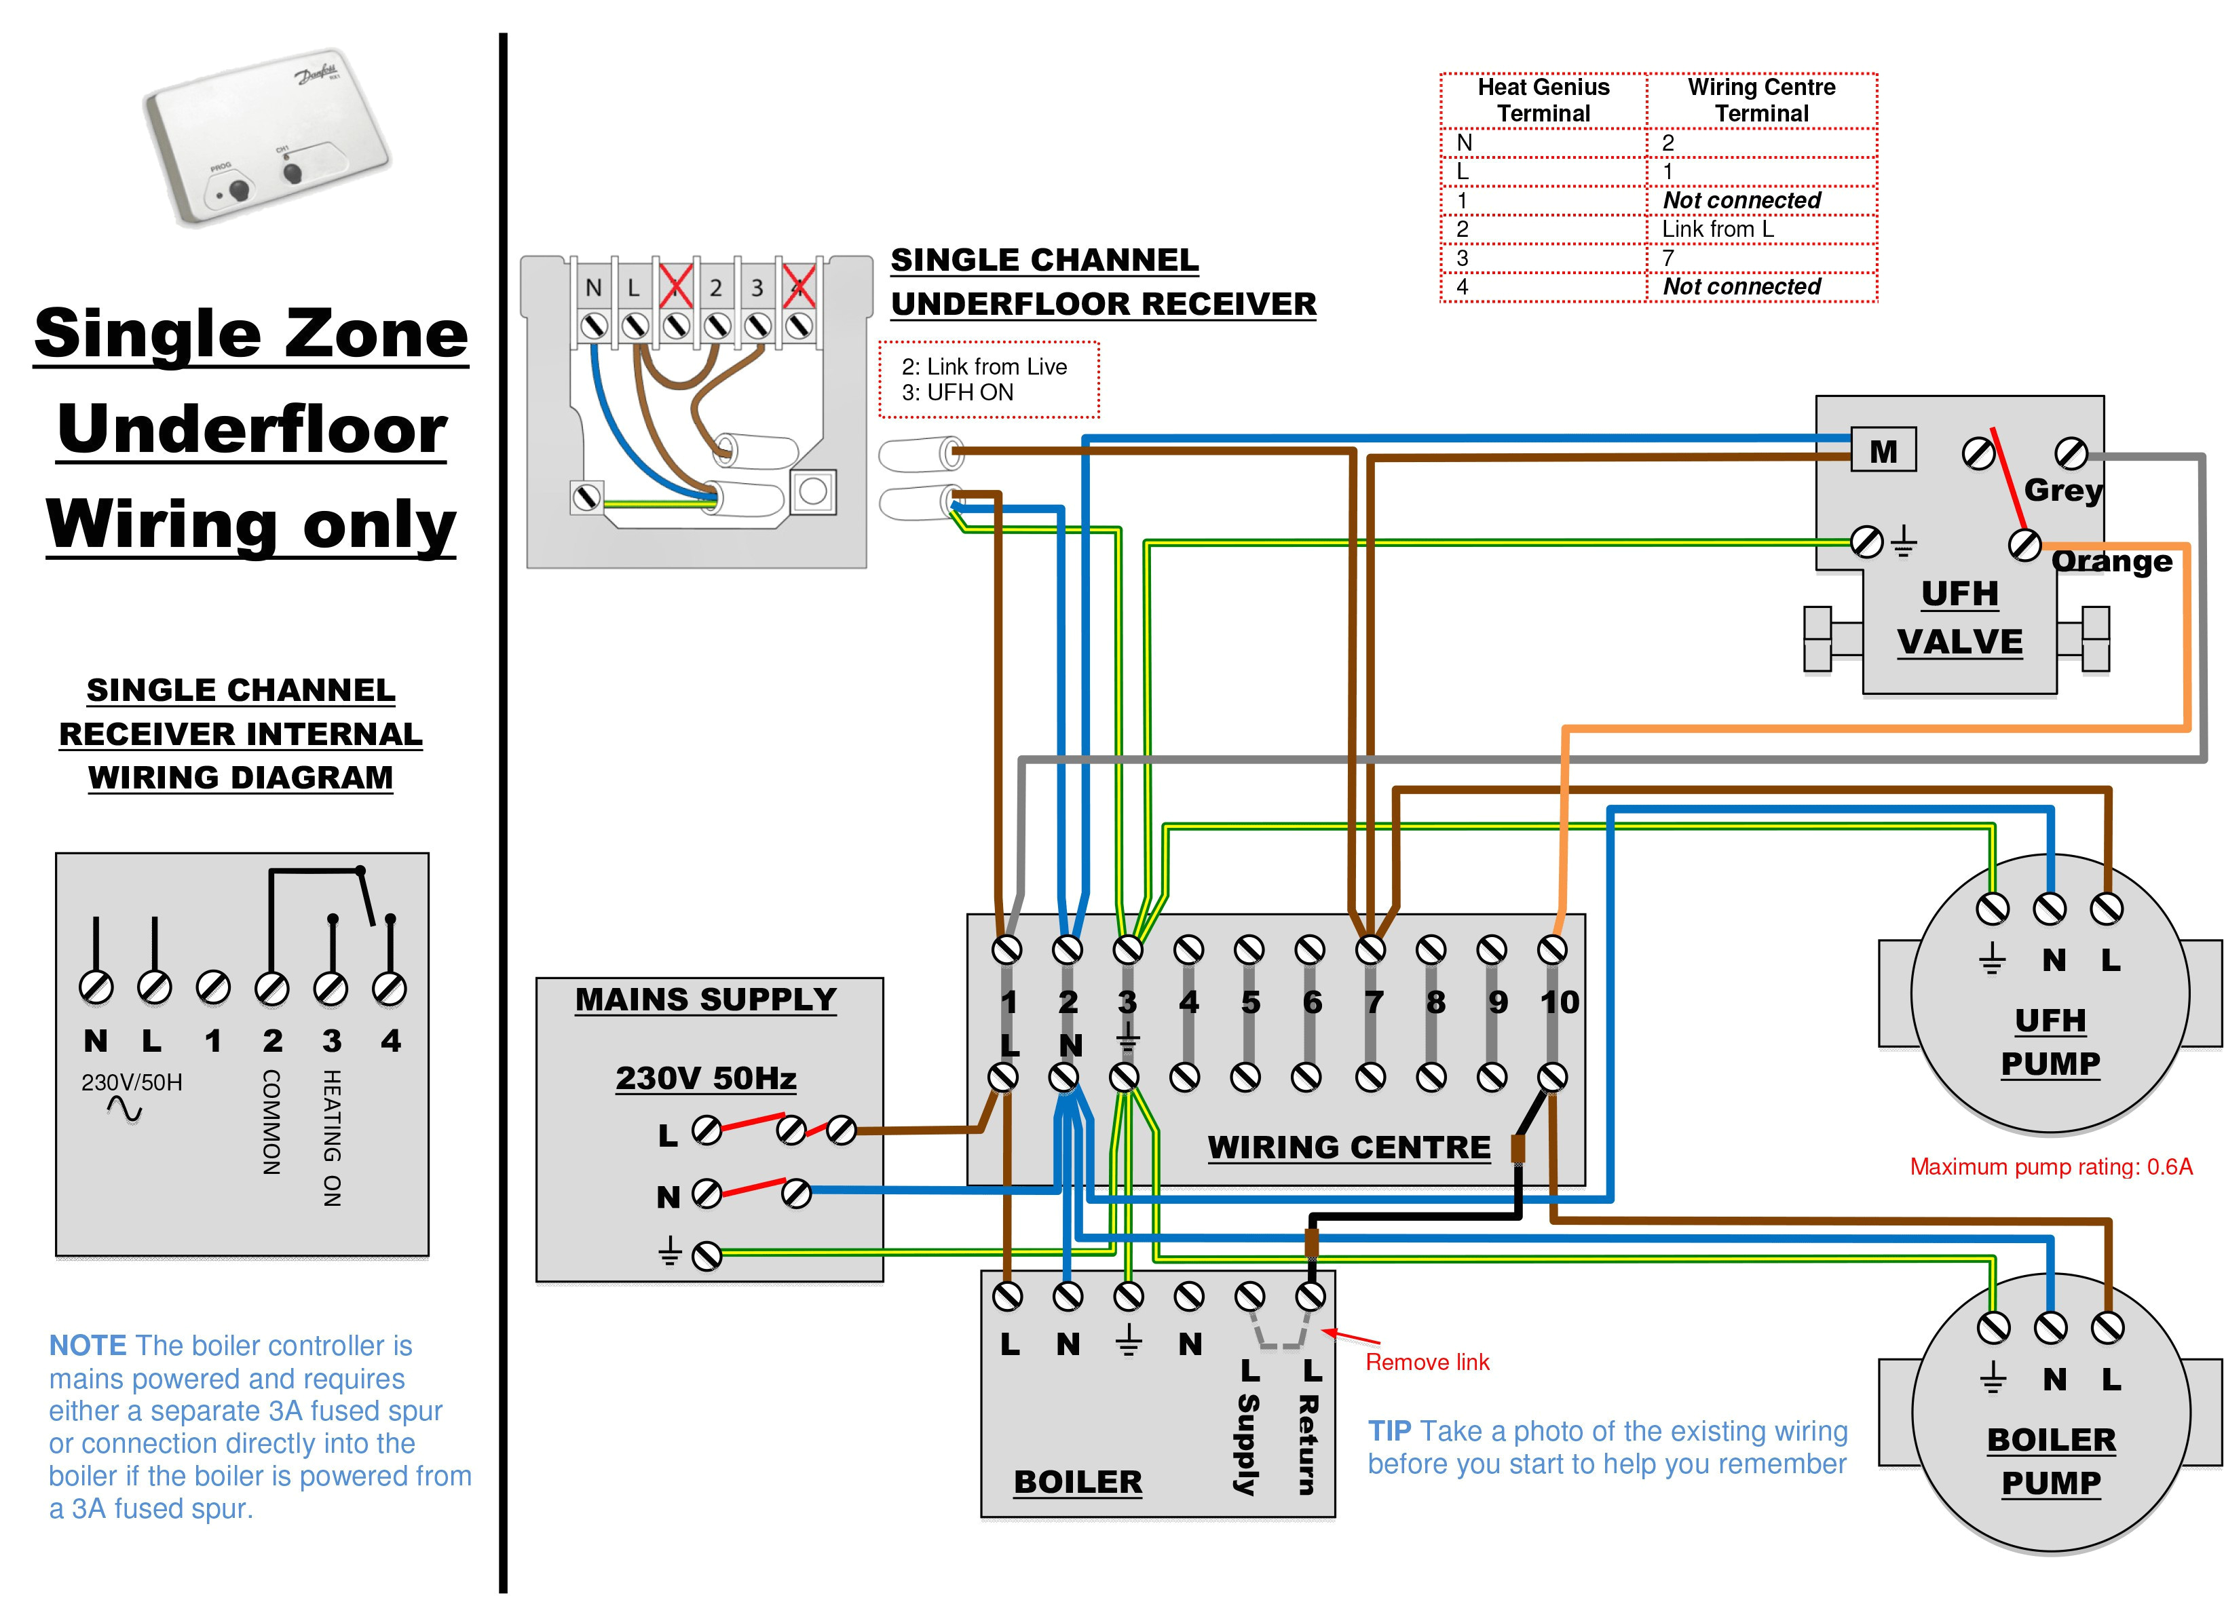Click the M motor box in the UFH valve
[x=1883, y=451]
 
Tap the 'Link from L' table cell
[x=1717, y=229]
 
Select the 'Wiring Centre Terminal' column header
[x=1761, y=100]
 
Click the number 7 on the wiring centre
[x=1374, y=1002]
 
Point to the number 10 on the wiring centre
[x=1559, y=1002]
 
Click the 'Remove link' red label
[x=1427, y=1362]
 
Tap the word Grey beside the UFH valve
[x=2063, y=489]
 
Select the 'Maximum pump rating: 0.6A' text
[x=2050, y=1166]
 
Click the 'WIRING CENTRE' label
[x=1349, y=1147]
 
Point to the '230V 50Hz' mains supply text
[x=705, y=1078]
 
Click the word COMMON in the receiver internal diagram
[x=271, y=1122]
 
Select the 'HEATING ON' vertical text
[x=333, y=1137]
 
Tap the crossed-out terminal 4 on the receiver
[x=799, y=286]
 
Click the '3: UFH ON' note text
[x=957, y=393]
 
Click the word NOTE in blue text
[x=88, y=1345]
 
